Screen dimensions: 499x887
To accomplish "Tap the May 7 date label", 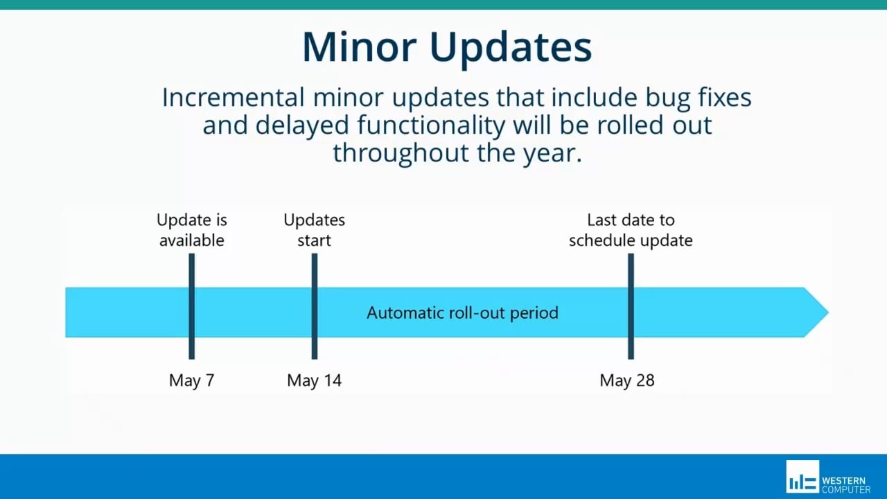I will (x=191, y=380).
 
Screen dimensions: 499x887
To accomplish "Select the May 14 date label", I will (x=314, y=380).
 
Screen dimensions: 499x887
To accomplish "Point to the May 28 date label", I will (x=627, y=380).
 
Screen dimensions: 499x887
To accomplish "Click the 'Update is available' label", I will (x=192, y=230).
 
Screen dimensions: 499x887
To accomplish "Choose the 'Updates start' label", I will (x=314, y=230).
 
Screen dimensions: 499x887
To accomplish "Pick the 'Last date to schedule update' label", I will (x=631, y=230).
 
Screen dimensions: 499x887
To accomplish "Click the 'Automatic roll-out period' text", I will (x=462, y=313).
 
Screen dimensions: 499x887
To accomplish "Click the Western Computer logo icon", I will (x=802, y=477).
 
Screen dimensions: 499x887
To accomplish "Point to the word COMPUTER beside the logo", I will (x=846, y=489).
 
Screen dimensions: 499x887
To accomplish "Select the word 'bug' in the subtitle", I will (x=648, y=98).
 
